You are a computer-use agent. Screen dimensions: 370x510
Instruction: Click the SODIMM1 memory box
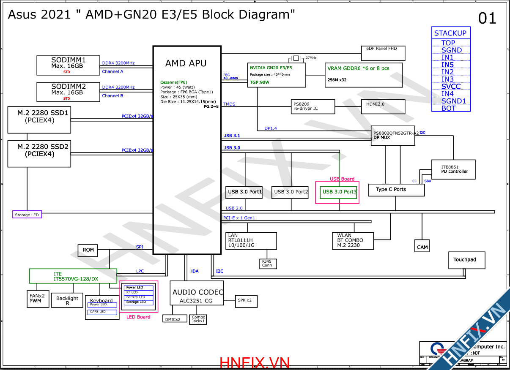[x=68, y=65]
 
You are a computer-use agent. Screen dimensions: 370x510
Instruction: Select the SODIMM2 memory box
[x=68, y=92]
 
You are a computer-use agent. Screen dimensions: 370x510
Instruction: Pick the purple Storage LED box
[x=27, y=215]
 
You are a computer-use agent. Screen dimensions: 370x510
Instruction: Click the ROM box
[x=88, y=250]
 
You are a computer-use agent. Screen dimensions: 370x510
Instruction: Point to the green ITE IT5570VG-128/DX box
[x=73, y=276]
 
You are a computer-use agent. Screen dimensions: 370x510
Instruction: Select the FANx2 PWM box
[x=38, y=298]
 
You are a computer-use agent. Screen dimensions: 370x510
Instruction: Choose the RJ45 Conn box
[x=267, y=264]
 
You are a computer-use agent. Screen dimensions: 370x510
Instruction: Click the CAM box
[x=422, y=246]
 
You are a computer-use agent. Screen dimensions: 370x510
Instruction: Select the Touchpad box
[x=466, y=260]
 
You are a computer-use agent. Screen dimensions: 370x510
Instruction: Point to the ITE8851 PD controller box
[x=453, y=169]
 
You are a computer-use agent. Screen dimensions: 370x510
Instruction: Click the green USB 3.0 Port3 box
[x=339, y=192]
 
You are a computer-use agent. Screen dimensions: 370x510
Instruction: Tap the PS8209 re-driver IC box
[x=313, y=106]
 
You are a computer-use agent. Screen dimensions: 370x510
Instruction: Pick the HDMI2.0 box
[x=383, y=106]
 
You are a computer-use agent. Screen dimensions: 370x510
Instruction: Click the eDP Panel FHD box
[x=383, y=53]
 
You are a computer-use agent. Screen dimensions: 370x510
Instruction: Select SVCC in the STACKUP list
[x=451, y=87]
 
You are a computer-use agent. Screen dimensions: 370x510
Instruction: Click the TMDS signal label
[x=229, y=104]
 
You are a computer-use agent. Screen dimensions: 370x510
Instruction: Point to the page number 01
[x=487, y=19]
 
